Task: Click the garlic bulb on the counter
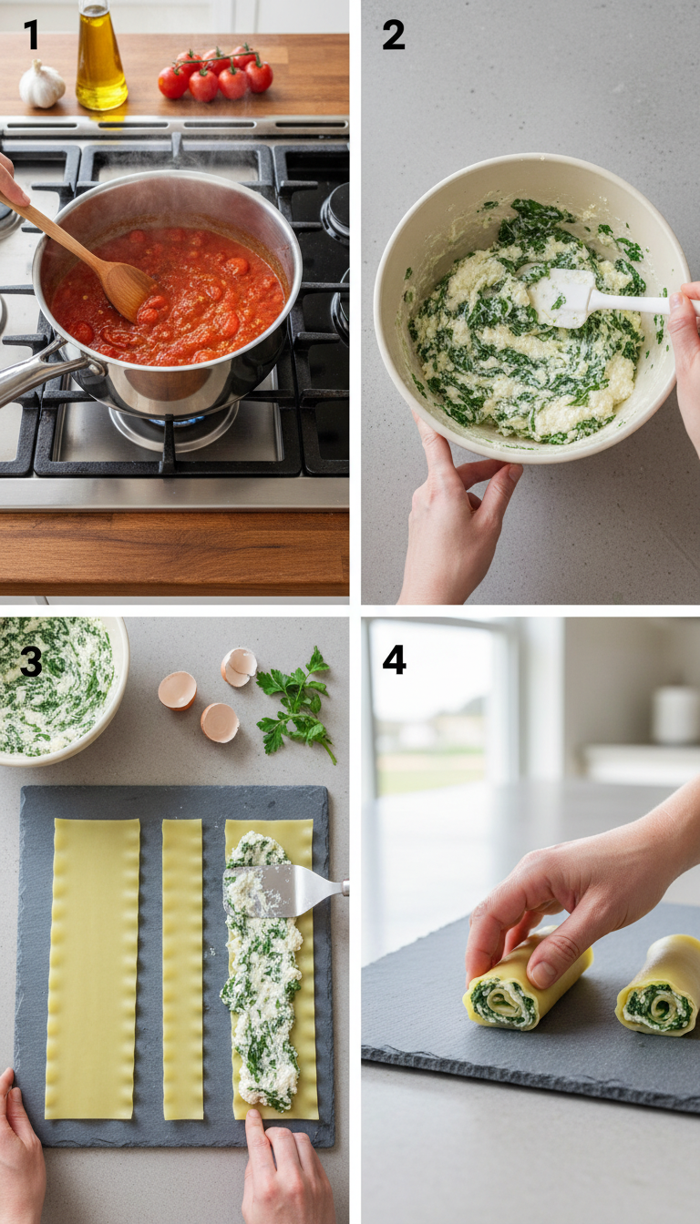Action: tap(42, 84)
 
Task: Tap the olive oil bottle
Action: tap(100, 59)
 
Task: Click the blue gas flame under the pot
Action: tap(173, 421)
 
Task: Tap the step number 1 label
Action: tap(31, 35)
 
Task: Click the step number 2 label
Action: tap(393, 35)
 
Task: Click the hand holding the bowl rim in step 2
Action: tap(456, 510)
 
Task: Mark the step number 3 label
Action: tap(31, 662)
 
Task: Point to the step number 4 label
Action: tap(394, 660)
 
